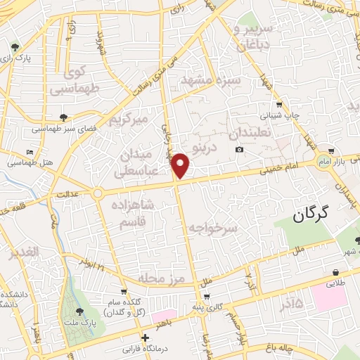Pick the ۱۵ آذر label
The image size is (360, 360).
[286, 304]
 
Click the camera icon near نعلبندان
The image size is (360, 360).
[240, 149]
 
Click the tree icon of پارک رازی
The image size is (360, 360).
[15, 48]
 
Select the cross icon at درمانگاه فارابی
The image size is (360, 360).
[145, 337]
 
